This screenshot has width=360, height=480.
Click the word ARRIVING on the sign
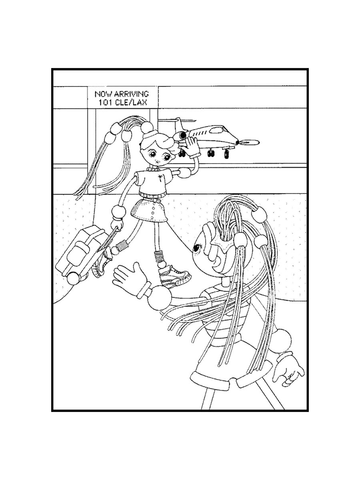[x=132, y=94]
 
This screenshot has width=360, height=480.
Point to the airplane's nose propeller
[x=248, y=142]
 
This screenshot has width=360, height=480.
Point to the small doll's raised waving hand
[x=191, y=146]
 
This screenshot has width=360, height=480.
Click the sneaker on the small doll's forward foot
[x=174, y=276]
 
